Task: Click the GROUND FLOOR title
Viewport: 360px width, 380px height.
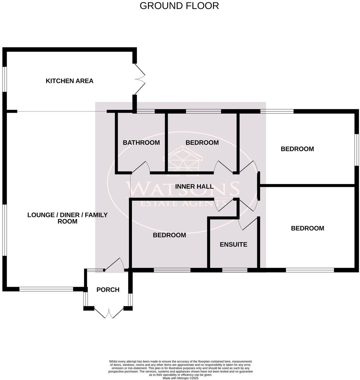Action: click(x=179, y=6)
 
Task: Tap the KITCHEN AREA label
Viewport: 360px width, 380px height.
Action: click(x=70, y=81)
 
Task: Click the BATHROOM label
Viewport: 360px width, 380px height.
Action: click(x=141, y=142)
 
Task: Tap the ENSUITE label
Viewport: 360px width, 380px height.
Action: click(x=233, y=244)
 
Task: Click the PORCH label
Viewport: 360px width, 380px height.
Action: click(x=108, y=289)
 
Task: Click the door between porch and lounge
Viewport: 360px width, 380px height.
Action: click(x=114, y=265)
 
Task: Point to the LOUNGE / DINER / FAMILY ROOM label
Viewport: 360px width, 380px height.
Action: click(x=67, y=218)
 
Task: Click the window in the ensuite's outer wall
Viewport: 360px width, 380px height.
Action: click(x=235, y=270)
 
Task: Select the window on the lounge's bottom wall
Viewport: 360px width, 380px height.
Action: click(x=46, y=289)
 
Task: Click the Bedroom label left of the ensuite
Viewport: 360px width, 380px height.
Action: click(x=169, y=235)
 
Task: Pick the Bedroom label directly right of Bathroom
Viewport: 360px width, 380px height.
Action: click(x=202, y=142)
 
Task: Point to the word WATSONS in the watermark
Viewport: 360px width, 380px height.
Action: click(x=183, y=189)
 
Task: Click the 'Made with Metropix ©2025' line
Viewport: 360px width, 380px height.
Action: click(x=180, y=378)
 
